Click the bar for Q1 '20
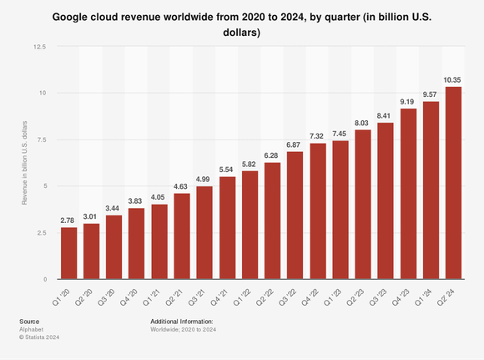[69, 253]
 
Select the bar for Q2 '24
[452, 183]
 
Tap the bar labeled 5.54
[227, 227]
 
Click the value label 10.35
[452, 79]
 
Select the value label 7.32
[317, 135]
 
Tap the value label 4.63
[182, 185]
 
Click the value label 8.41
[385, 115]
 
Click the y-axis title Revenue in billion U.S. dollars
[25, 163]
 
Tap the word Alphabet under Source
[31, 329]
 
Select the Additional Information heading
[181, 321]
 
